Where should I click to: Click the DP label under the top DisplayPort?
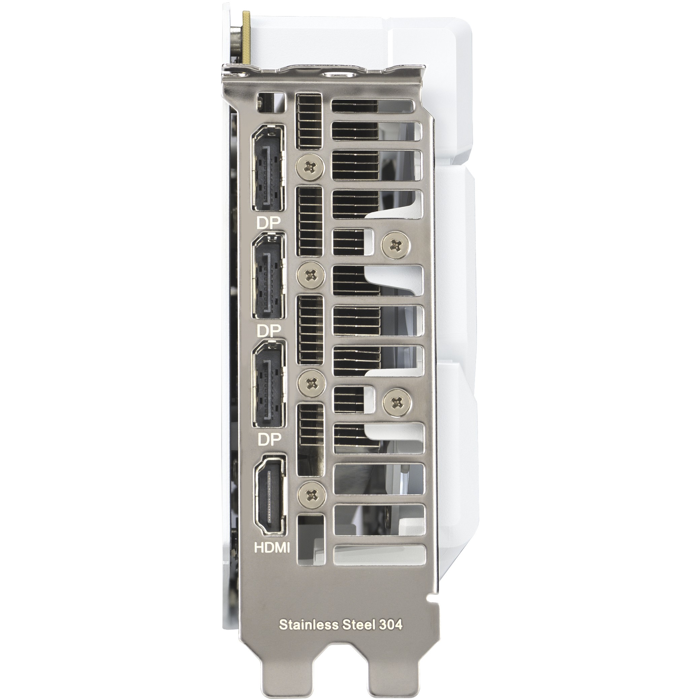pyautogui.click(x=269, y=223)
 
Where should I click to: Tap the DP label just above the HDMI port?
pyautogui.click(x=269, y=440)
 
